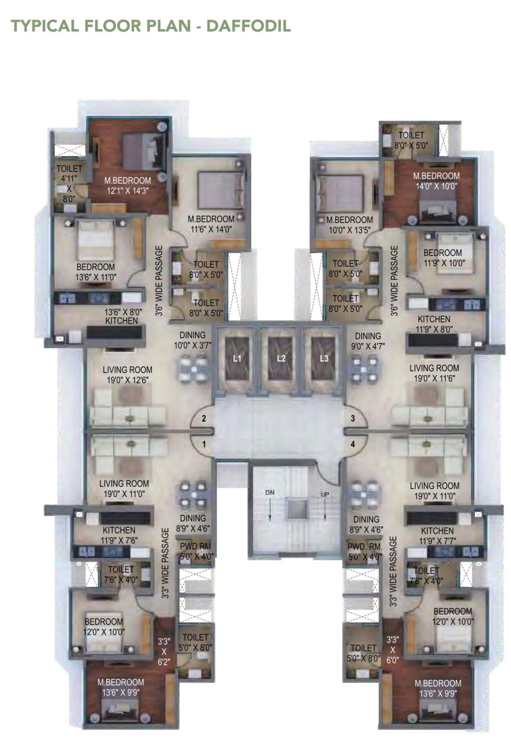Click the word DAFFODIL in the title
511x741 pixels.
248,26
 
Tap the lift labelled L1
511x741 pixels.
237,358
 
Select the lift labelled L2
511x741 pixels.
281,358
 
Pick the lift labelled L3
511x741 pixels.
324,358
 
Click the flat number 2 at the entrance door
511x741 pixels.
204,418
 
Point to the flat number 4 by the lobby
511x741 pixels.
353,444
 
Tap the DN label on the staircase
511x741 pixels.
270,492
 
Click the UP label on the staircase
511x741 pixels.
325,494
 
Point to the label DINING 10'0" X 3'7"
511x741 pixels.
192,340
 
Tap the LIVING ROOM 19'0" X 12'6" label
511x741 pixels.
128,375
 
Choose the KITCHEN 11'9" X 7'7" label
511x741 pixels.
437,536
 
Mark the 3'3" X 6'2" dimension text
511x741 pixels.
164,651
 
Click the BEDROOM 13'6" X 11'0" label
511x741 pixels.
96,272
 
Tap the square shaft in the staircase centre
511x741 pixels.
297,509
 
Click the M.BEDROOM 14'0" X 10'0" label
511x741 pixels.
436,181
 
